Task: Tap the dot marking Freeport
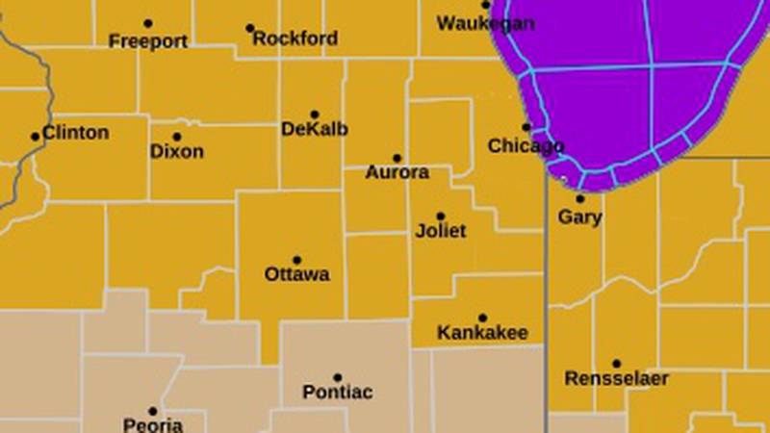coord(147,23)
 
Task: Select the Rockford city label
coord(295,39)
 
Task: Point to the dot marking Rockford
coord(250,28)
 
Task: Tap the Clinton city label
coord(76,133)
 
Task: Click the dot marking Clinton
coord(36,137)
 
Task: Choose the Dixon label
coord(177,152)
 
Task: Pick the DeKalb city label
coord(315,130)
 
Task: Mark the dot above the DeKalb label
coord(315,115)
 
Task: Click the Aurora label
coord(397,173)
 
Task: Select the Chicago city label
coord(526,146)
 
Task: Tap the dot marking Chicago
coord(526,127)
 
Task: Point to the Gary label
coord(580,217)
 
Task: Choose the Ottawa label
coord(296,274)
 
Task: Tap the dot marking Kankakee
coord(482,318)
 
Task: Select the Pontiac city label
coord(337,393)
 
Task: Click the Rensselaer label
coord(616,378)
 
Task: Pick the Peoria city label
coord(152,424)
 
